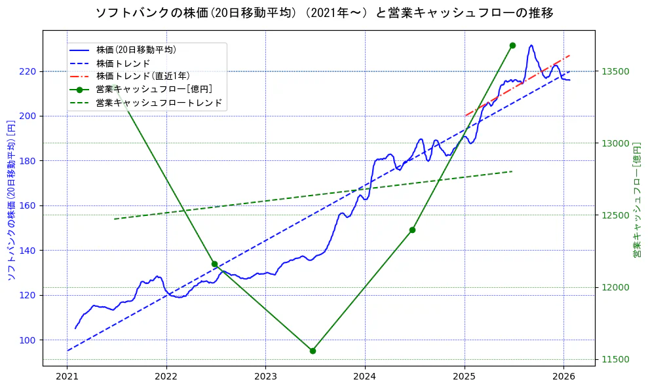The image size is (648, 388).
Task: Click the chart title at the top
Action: click(324, 13)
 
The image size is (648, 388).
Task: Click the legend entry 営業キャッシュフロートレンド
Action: click(159, 103)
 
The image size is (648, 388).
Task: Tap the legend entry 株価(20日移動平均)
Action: click(136, 49)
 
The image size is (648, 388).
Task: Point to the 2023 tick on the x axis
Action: click(265, 376)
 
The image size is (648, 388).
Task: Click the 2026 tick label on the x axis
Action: click(563, 376)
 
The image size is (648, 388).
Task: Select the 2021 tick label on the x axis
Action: click(67, 376)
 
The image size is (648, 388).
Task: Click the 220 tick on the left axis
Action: click(30, 71)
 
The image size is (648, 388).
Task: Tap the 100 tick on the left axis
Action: click(30, 340)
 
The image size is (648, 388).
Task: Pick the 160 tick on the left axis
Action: click(30, 205)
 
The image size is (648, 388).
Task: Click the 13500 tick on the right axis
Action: click(615, 71)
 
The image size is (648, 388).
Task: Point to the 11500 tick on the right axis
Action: click(615, 359)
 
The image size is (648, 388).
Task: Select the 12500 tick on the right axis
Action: click(615, 215)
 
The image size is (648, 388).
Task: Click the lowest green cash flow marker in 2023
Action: click(313, 351)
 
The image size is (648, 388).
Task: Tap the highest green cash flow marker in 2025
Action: click(512, 45)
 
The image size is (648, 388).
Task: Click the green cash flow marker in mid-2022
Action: click(214, 264)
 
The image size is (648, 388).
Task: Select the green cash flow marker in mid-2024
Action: click(412, 230)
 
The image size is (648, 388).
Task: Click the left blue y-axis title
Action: click(10, 200)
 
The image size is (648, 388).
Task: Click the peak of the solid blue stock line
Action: click(531, 45)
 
